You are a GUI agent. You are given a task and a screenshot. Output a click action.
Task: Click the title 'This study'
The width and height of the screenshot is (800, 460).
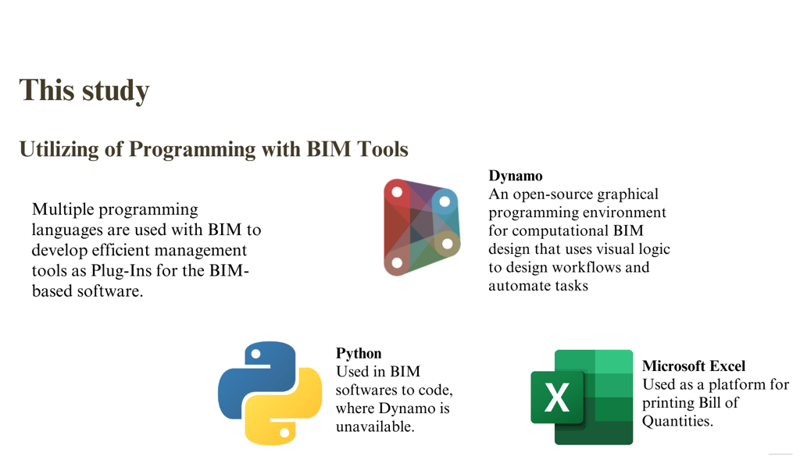(84, 91)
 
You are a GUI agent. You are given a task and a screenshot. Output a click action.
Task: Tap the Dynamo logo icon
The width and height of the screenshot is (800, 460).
(421, 227)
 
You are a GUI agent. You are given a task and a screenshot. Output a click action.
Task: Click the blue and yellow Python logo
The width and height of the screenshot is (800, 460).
(270, 393)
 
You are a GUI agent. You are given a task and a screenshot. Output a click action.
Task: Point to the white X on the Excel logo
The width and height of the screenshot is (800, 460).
(557, 398)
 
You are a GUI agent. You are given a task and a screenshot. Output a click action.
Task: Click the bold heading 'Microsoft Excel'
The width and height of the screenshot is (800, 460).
(694, 366)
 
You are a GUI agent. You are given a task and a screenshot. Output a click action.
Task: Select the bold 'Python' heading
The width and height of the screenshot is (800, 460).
(359, 354)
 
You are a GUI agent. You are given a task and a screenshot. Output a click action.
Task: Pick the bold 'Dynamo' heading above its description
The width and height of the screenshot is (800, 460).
(516, 176)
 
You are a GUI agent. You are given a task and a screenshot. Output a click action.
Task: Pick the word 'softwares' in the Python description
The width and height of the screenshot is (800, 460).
(368, 390)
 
